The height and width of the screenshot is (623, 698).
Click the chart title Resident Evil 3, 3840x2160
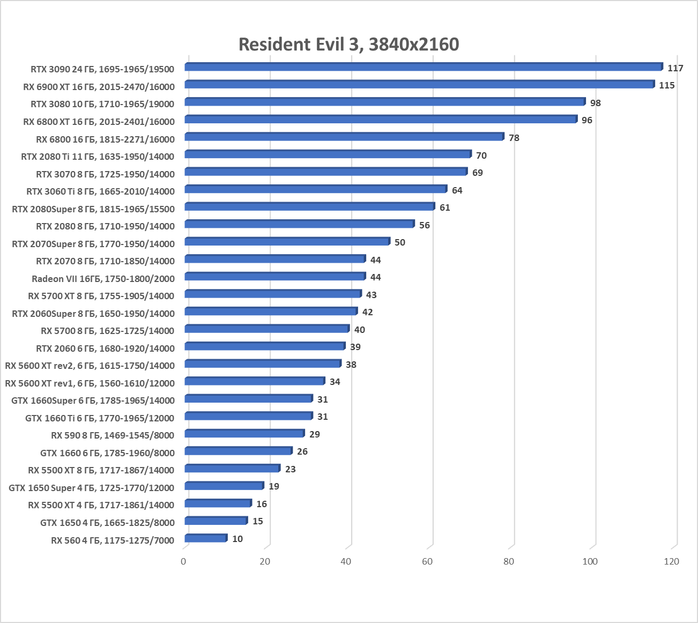(x=348, y=44)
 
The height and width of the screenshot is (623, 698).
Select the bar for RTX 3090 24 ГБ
(x=424, y=67)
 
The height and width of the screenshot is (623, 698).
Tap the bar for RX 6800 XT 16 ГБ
(x=381, y=120)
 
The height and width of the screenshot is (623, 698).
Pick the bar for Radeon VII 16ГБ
(x=275, y=277)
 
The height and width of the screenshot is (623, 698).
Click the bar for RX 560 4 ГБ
(x=206, y=538)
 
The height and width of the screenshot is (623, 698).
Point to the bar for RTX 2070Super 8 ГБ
(x=287, y=242)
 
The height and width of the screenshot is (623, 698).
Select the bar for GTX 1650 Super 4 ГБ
(x=224, y=486)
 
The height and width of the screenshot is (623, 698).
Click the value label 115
(x=666, y=85)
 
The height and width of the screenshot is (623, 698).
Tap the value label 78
(x=514, y=138)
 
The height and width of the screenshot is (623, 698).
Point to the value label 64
(x=457, y=190)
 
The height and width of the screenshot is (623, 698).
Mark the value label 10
(x=237, y=539)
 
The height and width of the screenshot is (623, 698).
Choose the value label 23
(x=290, y=469)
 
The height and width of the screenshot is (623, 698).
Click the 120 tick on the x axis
(x=671, y=561)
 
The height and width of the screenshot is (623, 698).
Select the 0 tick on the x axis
(x=184, y=561)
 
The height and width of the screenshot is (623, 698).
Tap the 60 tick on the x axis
(x=427, y=561)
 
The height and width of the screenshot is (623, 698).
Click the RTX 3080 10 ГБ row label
(x=102, y=104)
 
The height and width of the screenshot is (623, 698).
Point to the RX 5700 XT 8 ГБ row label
(x=101, y=296)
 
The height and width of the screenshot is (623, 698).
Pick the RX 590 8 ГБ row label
(x=113, y=435)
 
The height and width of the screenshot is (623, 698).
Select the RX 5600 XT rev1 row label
(x=90, y=383)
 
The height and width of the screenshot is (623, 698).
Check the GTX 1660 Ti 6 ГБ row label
(x=100, y=418)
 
